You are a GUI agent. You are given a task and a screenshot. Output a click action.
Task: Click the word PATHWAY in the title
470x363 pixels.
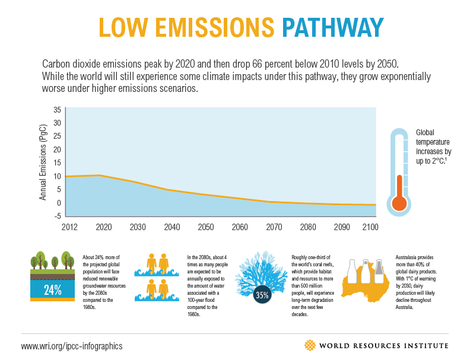[332, 28]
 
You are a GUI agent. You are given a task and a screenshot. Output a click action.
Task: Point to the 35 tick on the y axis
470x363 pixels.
[57, 110]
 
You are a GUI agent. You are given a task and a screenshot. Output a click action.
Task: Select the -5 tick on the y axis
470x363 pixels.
[57, 216]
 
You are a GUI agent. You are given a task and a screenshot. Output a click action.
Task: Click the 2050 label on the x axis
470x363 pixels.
[206, 227]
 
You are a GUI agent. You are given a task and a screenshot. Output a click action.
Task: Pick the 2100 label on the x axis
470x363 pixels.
[369, 227]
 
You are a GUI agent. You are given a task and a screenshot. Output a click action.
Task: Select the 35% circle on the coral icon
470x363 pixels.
[262, 294]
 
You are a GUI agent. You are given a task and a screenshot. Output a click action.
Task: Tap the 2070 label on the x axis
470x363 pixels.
[274, 227]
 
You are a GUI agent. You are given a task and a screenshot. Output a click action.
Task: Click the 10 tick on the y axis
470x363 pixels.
[57, 176]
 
